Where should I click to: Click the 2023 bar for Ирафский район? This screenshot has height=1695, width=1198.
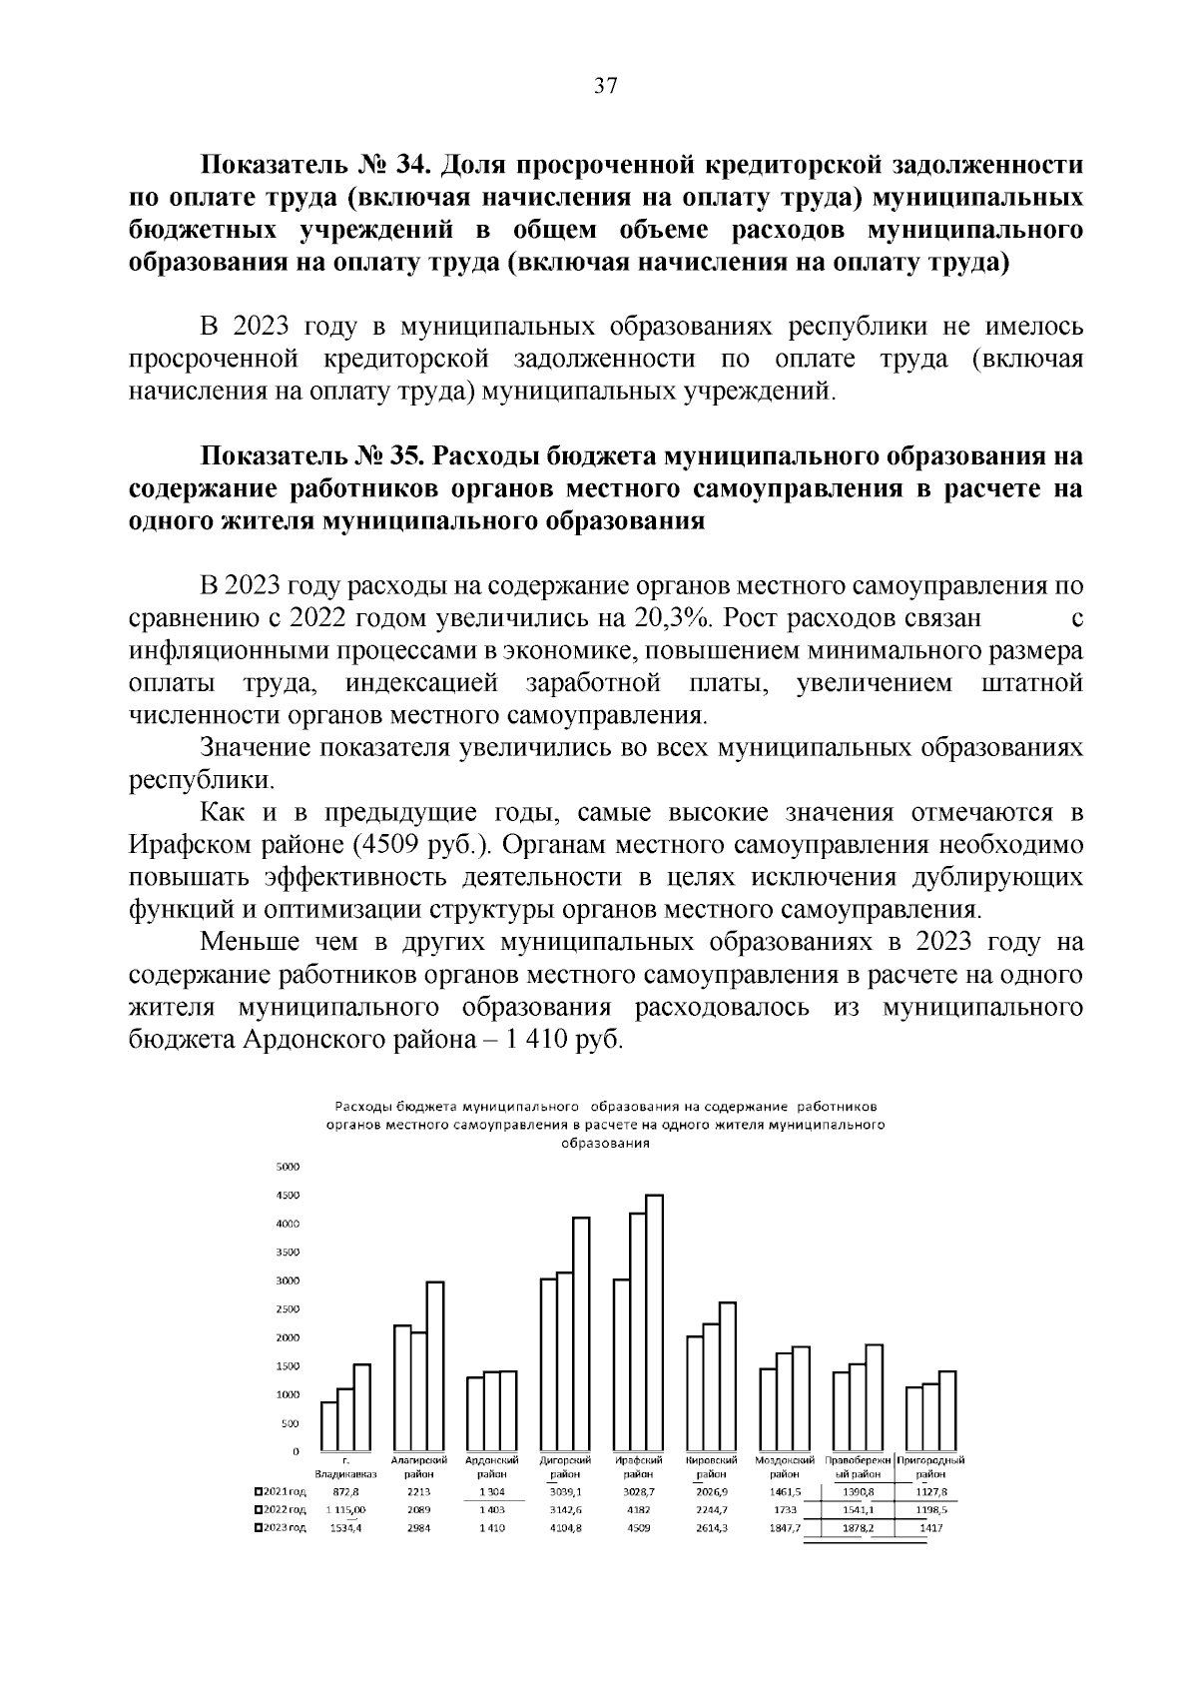[x=655, y=1322]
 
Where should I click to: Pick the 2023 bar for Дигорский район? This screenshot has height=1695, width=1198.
[x=581, y=1333]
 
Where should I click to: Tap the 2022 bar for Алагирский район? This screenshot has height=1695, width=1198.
[x=418, y=1391]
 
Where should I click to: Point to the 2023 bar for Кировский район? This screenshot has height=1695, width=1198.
[x=728, y=1376]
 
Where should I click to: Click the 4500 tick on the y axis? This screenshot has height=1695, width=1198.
[x=287, y=1196]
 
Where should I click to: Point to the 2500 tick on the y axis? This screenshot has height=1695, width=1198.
[x=287, y=1309]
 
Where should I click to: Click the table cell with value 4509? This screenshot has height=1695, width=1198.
[x=638, y=1529]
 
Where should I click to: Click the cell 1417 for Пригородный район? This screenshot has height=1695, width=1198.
[x=930, y=1529]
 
